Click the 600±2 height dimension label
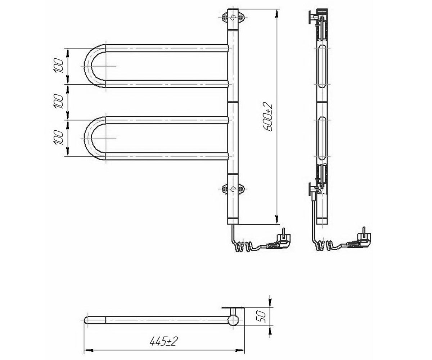pyautogui.click(x=268, y=117)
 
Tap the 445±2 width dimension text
pyautogui.click(x=163, y=341)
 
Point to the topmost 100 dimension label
pyautogui.click(x=58, y=66)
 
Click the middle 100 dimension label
pyautogui.click(x=58, y=102)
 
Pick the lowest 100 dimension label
pyautogui.click(x=58, y=138)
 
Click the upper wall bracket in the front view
pyautogui.click(x=233, y=17)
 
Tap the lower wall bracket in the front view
pyautogui.click(x=233, y=189)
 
